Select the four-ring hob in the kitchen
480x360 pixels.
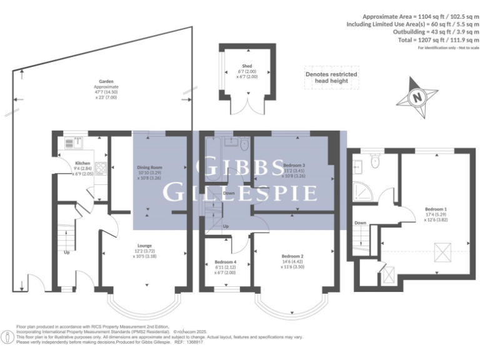point(99,168)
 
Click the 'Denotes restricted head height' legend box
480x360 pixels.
point(331,77)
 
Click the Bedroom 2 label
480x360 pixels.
point(292,256)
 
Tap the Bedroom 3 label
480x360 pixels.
point(294,165)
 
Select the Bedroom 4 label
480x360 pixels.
point(226,261)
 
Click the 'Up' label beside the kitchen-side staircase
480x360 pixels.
point(66,252)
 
